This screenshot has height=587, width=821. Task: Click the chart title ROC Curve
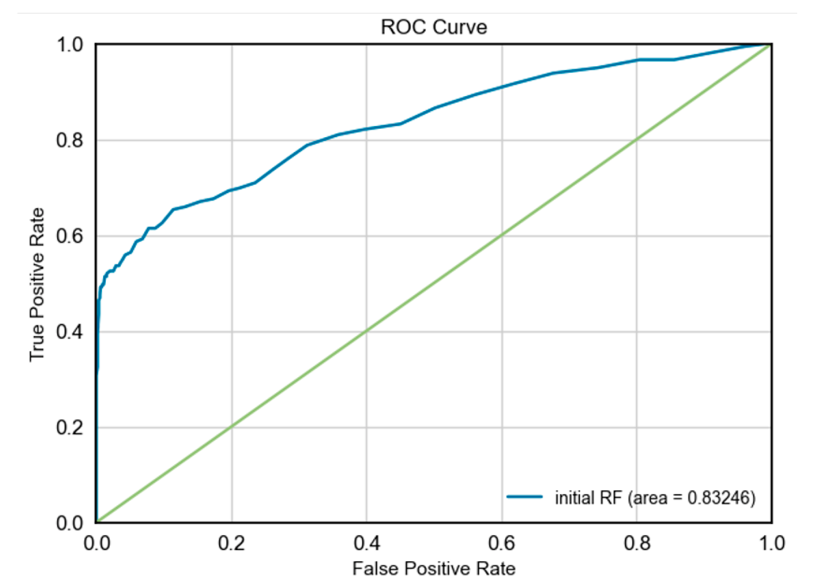click(433, 27)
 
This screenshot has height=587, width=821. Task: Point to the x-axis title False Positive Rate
click(433, 568)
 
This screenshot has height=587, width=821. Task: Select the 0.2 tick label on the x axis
click(231, 543)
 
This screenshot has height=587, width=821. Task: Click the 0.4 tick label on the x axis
click(366, 543)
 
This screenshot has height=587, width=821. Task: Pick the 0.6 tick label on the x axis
click(501, 543)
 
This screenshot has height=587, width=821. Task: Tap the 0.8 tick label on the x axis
click(637, 543)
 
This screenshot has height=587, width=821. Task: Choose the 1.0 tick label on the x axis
click(771, 543)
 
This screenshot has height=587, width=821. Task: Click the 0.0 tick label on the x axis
click(97, 543)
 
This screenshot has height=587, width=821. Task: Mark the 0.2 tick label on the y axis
click(69, 427)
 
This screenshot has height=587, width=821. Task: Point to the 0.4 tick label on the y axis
click(69, 332)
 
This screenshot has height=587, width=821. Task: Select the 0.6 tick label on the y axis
click(69, 236)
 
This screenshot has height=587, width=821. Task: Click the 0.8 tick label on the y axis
click(69, 140)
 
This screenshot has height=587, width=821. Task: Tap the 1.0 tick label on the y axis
click(69, 45)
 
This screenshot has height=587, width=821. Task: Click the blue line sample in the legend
click(524, 497)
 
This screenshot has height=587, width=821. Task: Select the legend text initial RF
click(588, 498)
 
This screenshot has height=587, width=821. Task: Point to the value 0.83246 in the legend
click(718, 498)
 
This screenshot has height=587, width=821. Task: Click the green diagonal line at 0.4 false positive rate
click(366, 331)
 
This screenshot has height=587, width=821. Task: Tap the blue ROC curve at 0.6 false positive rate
click(502, 87)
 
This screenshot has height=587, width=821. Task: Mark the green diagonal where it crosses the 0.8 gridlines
click(637, 140)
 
